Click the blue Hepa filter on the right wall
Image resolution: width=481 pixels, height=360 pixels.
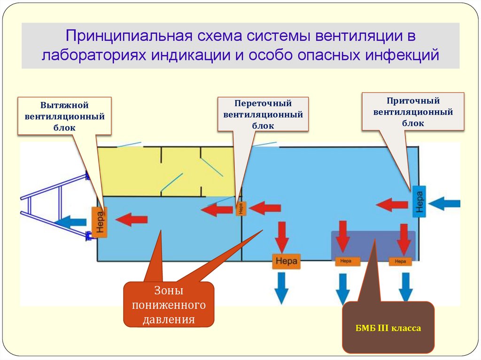[419, 201]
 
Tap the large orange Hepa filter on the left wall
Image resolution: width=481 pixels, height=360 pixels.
[99, 222]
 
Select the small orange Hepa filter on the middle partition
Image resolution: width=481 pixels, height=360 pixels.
[241, 208]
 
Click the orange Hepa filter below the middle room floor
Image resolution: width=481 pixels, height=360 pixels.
[286, 261]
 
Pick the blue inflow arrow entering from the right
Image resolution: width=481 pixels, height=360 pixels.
[444, 203]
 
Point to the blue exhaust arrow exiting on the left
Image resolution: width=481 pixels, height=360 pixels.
[71, 221]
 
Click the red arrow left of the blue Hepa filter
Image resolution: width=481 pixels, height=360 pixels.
[392, 205]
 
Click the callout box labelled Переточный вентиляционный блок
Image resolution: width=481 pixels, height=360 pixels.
[263, 114]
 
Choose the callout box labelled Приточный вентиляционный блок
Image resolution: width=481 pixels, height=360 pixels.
[412, 112]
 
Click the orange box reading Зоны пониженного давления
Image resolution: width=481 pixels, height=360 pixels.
[169, 305]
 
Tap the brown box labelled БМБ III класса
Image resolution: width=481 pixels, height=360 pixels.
[388, 328]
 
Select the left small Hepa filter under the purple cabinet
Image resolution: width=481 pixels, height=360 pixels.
[347, 262]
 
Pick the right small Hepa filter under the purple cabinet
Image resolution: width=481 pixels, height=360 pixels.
[400, 262]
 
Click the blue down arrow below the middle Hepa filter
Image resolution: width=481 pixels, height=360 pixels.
[281, 287]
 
